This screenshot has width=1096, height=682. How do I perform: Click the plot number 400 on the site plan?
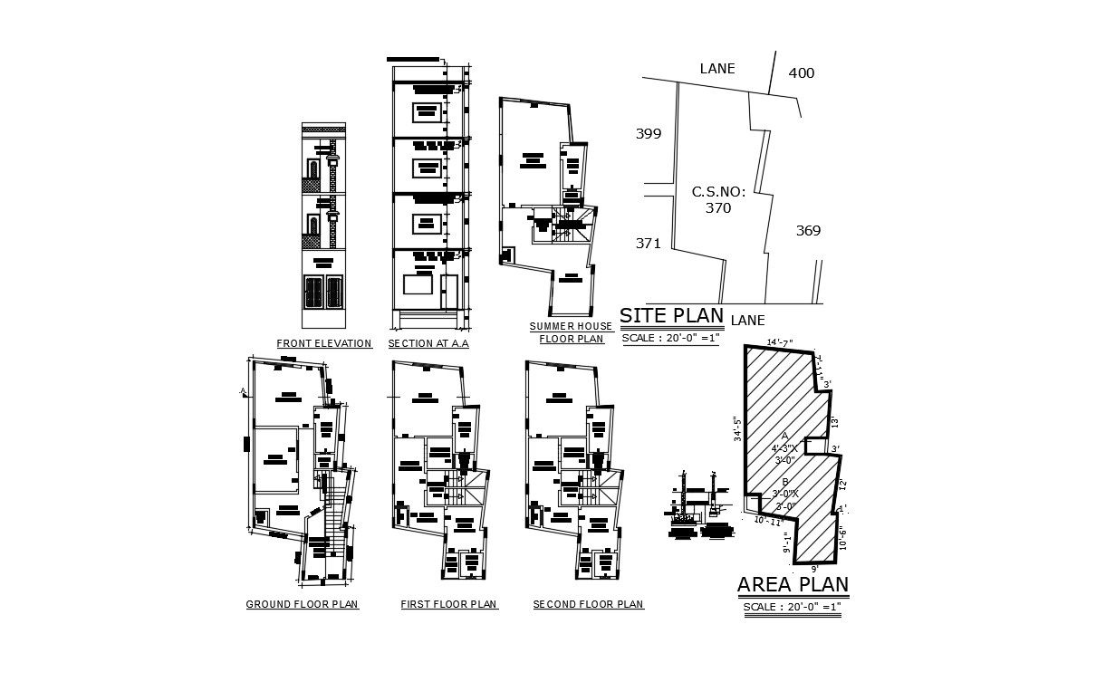coord(801,73)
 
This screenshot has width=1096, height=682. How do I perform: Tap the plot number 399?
coord(648,134)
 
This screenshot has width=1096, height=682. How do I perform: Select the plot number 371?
coord(648,243)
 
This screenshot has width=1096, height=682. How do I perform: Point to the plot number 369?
coord(808,231)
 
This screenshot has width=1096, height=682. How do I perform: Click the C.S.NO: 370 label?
coord(718,200)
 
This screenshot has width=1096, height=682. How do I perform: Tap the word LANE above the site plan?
coord(716,69)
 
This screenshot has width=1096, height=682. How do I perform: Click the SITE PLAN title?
coord(671,315)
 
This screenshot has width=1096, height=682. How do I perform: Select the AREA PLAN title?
coord(793,584)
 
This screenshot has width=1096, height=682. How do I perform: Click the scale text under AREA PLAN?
coord(793,607)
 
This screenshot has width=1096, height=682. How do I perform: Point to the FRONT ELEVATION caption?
coord(324,344)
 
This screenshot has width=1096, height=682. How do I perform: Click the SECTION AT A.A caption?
coord(428,344)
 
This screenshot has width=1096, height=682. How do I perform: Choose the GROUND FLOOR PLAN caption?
coord(302,604)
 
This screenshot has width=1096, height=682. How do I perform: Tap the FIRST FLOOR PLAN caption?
coord(448,604)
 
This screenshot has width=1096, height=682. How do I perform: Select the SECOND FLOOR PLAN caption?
coord(588,604)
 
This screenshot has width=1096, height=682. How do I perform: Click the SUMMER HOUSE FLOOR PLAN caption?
coord(571,332)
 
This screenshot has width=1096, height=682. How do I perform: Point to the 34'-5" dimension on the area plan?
coord(737,427)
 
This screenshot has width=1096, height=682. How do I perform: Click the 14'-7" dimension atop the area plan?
coord(779,342)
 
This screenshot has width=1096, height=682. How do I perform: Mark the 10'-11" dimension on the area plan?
coord(768,522)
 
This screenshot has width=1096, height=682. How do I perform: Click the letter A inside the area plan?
coord(784,436)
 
